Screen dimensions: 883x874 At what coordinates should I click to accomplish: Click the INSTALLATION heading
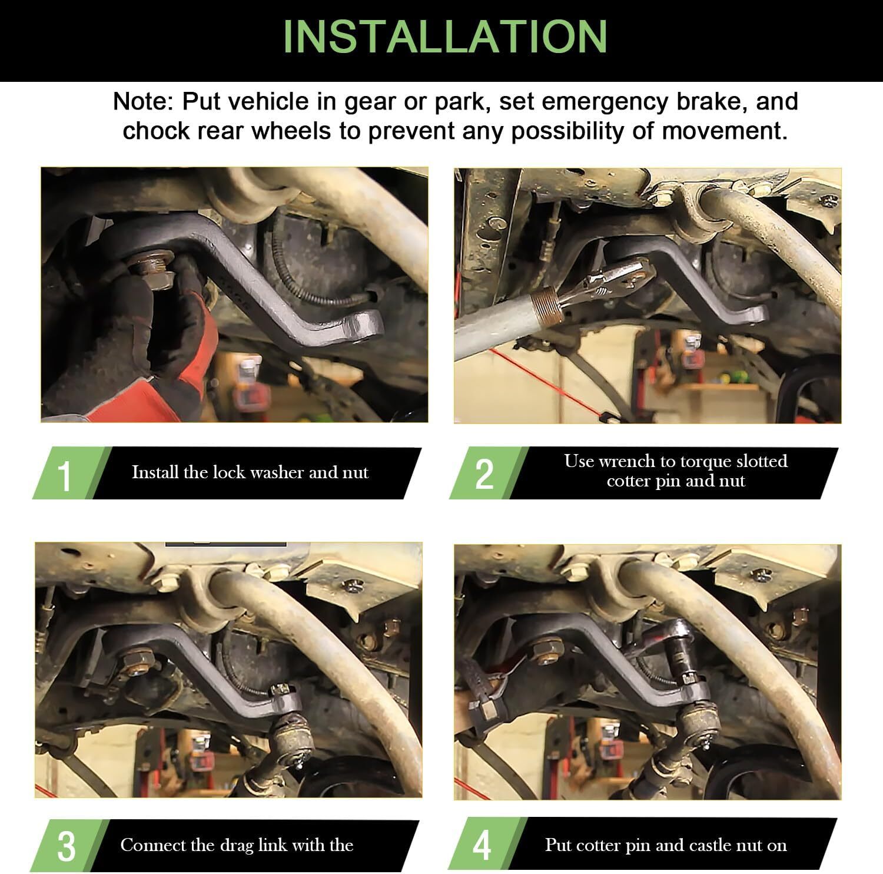tap(445, 37)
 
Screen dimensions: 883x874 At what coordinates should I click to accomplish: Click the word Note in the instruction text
tap(141, 101)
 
